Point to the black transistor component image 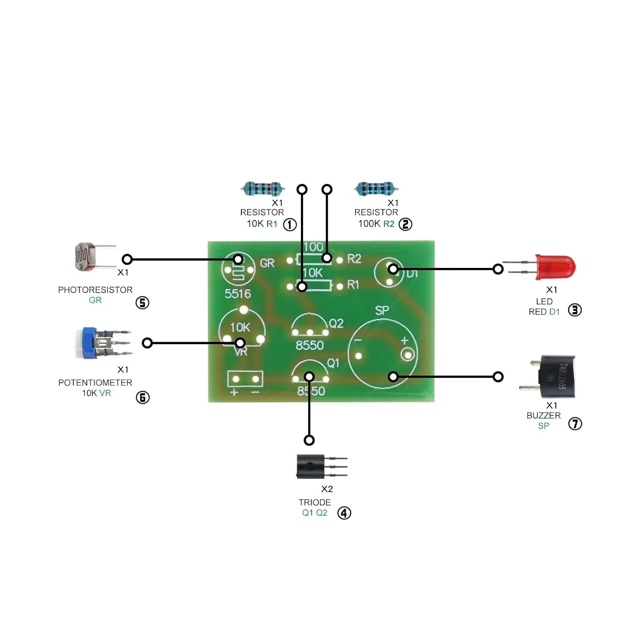[x=311, y=466]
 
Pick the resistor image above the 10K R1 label [x=262, y=189]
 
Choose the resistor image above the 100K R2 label [x=376, y=188]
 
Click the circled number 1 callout [x=290, y=224]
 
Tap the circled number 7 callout [x=575, y=424]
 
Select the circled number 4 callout [x=344, y=513]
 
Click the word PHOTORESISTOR [x=95, y=290]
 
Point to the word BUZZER [x=543, y=415]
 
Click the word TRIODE [x=315, y=502]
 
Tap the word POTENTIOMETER [x=95, y=382]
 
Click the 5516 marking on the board [x=238, y=294]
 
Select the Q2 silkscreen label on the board [x=336, y=323]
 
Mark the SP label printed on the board [x=382, y=310]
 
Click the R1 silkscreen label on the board [x=353, y=285]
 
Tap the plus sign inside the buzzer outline [x=404, y=341]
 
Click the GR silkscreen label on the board [x=267, y=263]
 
